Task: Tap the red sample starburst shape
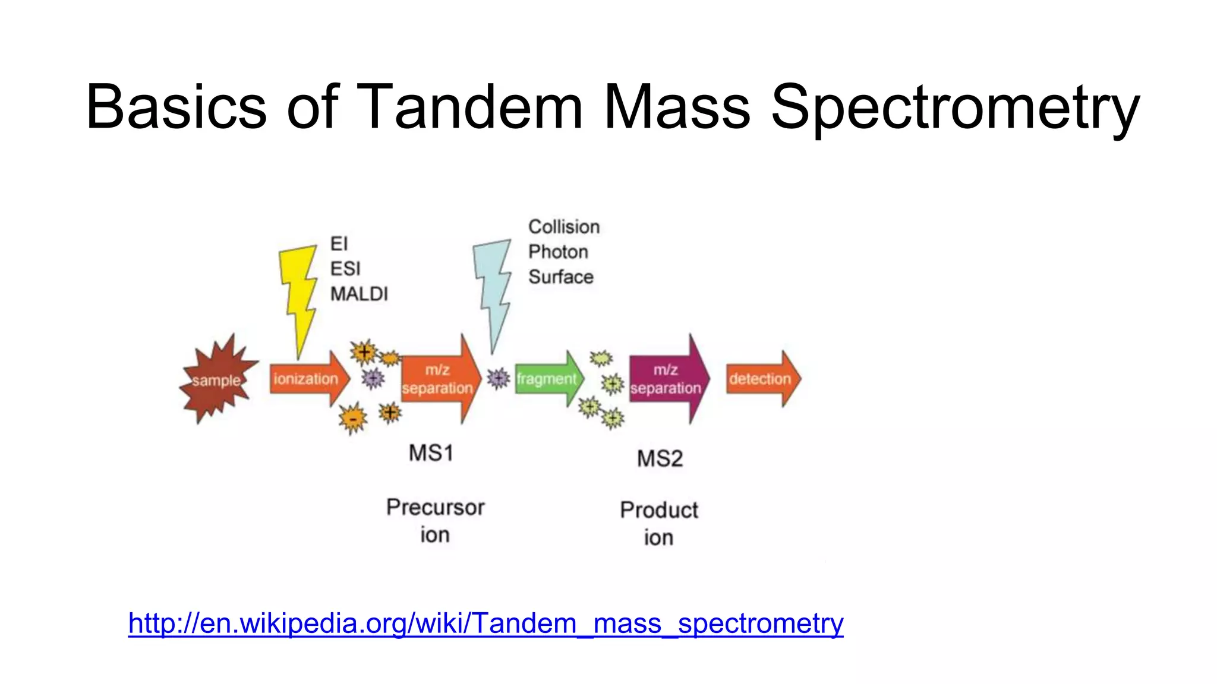coord(217,380)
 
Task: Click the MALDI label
coord(359,294)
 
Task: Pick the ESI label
coord(345,269)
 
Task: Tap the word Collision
coord(564,227)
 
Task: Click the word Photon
coord(558,252)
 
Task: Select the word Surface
coord(561,277)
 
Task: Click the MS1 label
coord(431,453)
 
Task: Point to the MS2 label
coord(660,458)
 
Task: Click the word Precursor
coord(435,508)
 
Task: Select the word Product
coord(659,510)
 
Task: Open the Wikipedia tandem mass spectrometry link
coord(485,623)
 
